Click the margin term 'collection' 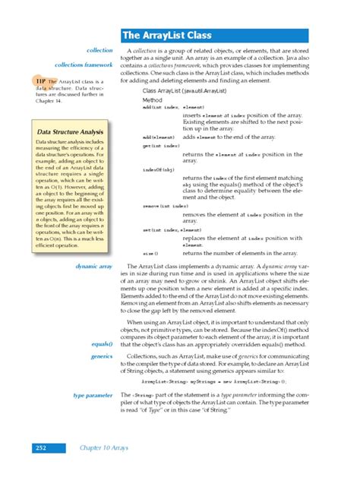tap(101, 50)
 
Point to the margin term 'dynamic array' tap(94, 267)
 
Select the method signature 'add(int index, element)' tap(157, 108)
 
